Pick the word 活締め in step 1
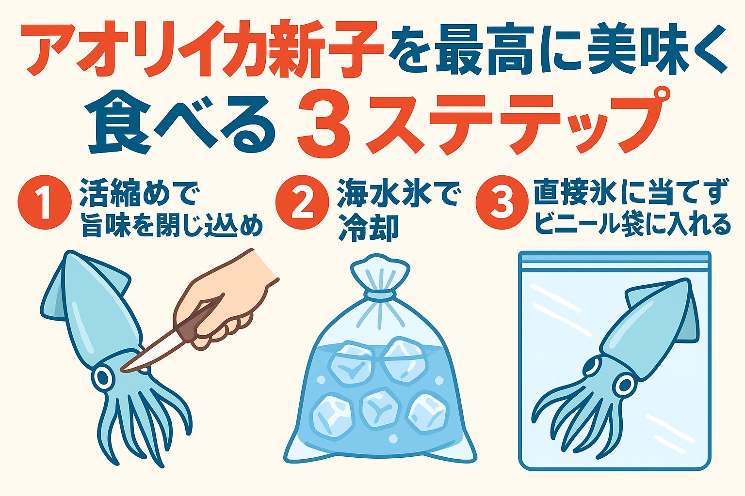tap(124, 192)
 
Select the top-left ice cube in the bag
tap(350, 362)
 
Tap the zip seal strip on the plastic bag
tap(615, 264)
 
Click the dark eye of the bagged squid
tap(624, 386)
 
